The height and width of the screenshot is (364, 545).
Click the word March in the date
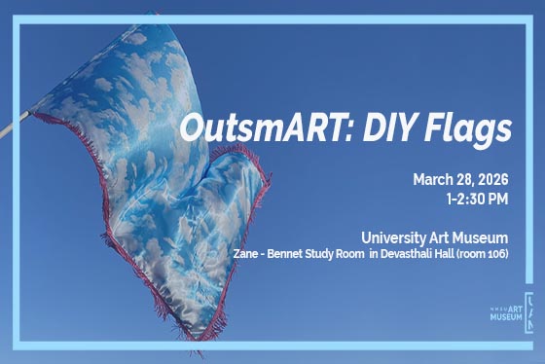(434, 179)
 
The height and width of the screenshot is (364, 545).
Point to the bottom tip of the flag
(191, 332)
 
